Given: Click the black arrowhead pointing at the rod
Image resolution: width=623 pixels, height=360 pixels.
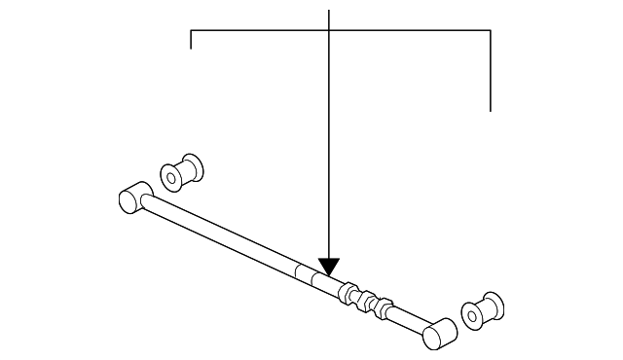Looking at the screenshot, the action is [x=329, y=266].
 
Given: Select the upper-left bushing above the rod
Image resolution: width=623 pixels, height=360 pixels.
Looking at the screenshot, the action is [x=181, y=171].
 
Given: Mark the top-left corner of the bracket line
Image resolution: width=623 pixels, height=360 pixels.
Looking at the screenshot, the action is [x=191, y=31].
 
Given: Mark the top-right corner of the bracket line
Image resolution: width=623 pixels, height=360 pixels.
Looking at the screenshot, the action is [x=491, y=31].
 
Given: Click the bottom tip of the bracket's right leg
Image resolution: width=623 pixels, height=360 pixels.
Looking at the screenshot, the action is [x=491, y=110].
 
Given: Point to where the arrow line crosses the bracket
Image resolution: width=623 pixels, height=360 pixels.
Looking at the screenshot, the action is [x=330, y=31].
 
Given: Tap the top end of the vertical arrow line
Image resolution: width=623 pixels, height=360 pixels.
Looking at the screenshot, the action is [x=330, y=11].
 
